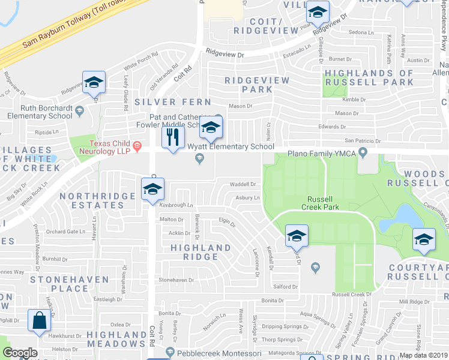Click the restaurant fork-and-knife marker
(173, 137)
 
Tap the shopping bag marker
(40, 321)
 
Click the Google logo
(20, 353)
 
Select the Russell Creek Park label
(323, 203)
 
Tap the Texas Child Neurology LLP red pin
(137, 145)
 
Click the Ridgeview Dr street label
(226, 53)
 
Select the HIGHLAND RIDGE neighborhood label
(200, 252)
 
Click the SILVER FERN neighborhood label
(173, 103)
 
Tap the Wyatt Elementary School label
(231, 147)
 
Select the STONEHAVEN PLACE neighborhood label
(59, 284)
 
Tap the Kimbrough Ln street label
(176, 205)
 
